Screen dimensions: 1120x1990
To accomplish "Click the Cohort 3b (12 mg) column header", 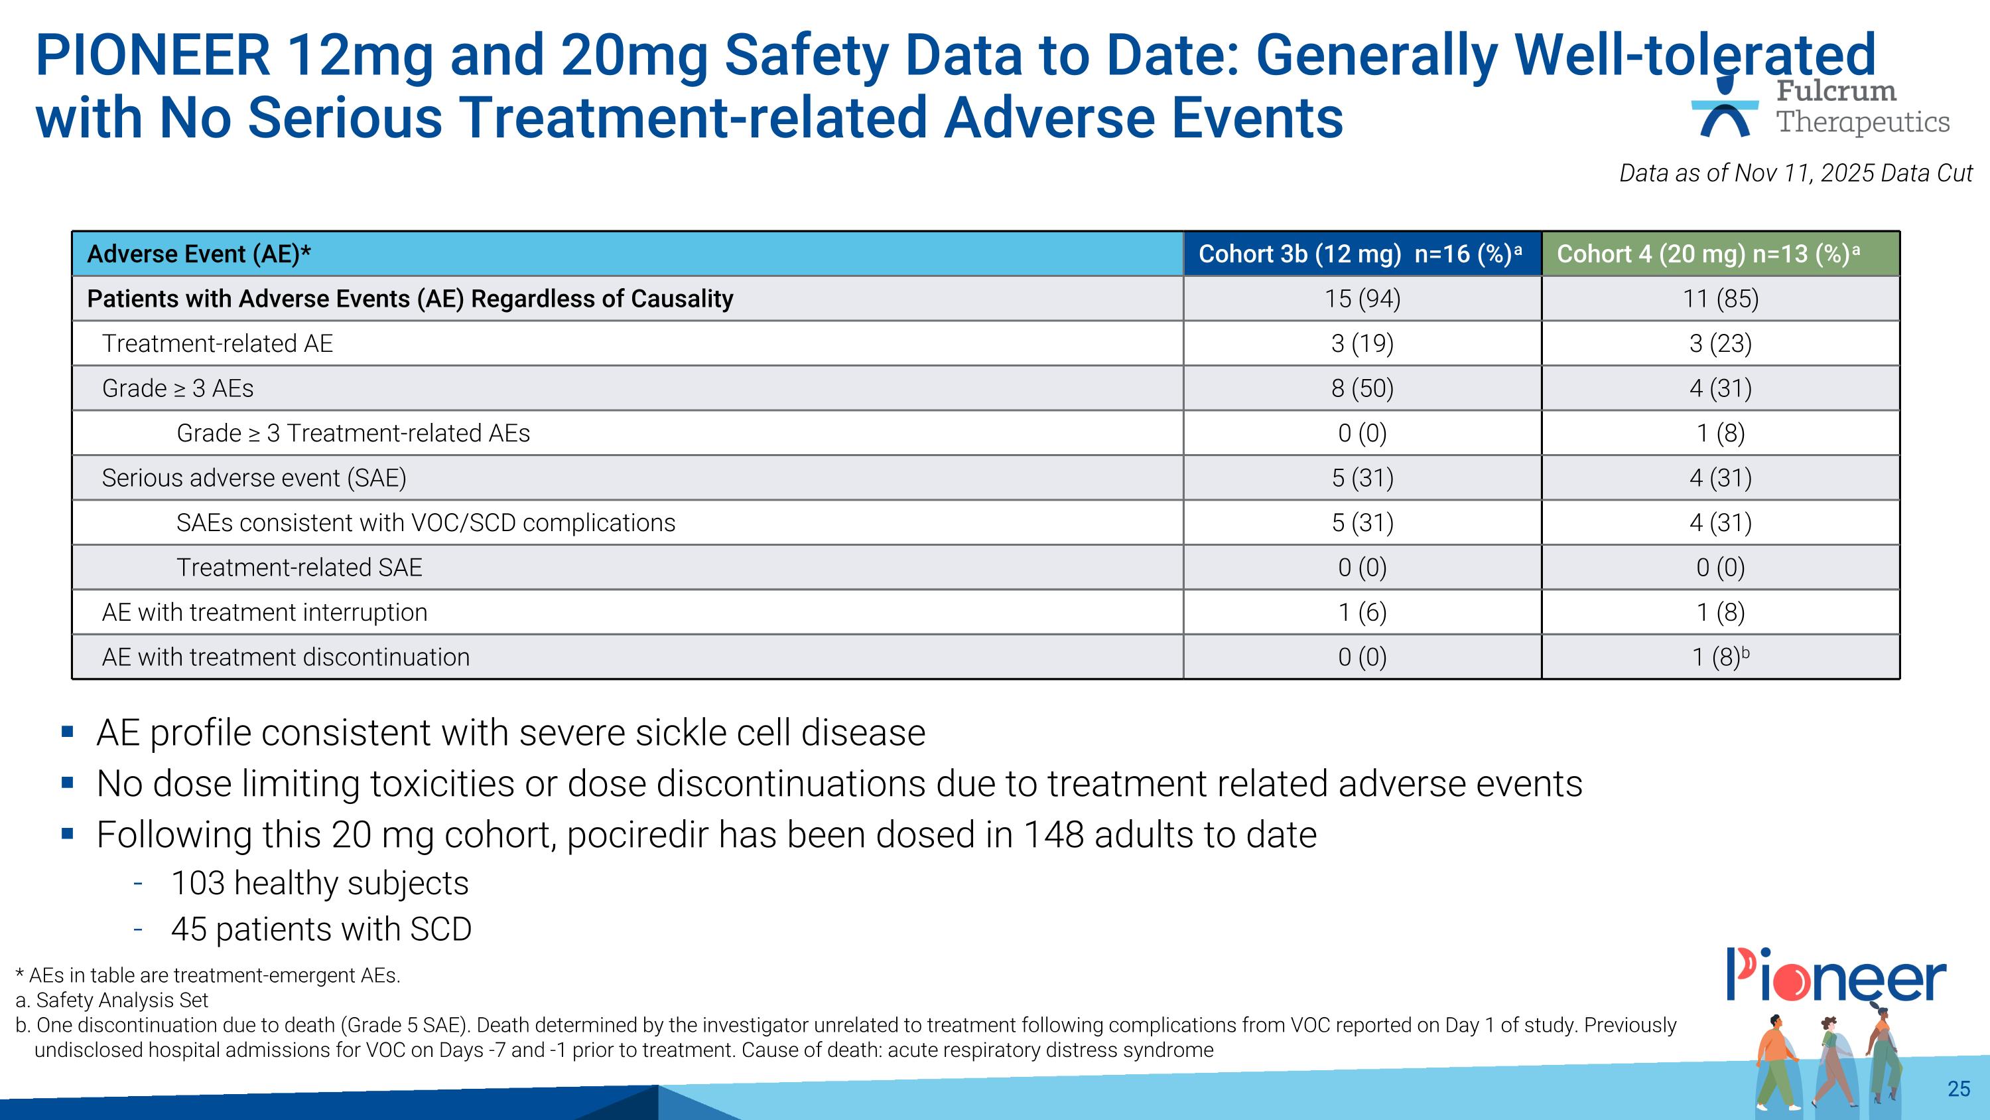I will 1361,254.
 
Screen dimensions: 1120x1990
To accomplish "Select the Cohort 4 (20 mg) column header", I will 1719,254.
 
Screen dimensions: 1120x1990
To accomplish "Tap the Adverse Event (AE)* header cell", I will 199,254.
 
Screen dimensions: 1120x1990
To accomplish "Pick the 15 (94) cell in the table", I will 1362,298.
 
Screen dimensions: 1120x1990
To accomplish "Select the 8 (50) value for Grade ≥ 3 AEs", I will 1362,388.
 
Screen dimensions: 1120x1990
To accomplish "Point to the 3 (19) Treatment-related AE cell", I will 1362,343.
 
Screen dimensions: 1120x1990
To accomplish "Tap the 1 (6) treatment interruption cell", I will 1362,612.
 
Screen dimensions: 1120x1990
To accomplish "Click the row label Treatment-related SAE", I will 299,568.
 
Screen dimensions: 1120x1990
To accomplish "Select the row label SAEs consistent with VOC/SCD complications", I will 426,522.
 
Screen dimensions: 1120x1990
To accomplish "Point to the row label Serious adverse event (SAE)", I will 254,478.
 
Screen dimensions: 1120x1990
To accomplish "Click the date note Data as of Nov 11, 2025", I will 1796,173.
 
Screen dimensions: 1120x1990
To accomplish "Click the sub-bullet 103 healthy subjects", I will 319,883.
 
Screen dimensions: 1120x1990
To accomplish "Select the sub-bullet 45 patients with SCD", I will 320,929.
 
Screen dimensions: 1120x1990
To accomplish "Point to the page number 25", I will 1958,1088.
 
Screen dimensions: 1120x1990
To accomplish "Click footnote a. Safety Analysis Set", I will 112,1000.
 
